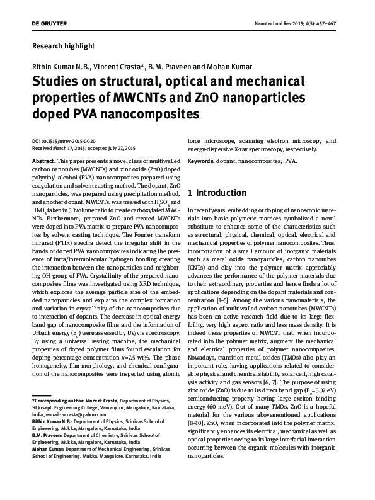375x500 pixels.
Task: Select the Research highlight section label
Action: [x=63, y=46]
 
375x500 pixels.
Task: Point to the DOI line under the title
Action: [x=64, y=141]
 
